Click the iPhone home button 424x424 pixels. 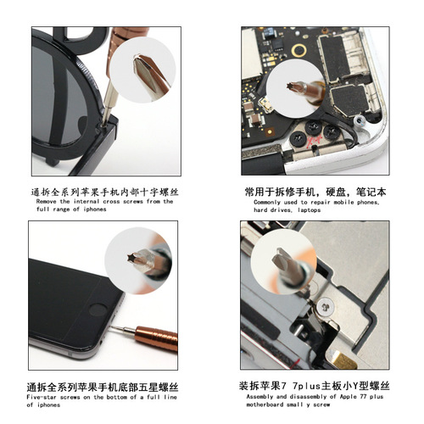coord(98,310)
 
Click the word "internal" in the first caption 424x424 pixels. coord(86,202)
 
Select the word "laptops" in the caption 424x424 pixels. coord(309,210)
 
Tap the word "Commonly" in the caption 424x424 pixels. coord(267,203)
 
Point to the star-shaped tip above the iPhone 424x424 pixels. coord(131,258)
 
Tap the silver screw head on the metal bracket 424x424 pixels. coord(326,307)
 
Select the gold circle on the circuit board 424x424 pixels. coord(298,50)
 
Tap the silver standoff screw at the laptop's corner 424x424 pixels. coord(359,120)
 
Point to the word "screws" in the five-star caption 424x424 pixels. coord(70,397)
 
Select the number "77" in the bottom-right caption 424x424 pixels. coord(363,397)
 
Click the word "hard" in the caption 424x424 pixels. coord(260,210)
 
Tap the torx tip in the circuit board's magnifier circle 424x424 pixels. coord(291,86)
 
